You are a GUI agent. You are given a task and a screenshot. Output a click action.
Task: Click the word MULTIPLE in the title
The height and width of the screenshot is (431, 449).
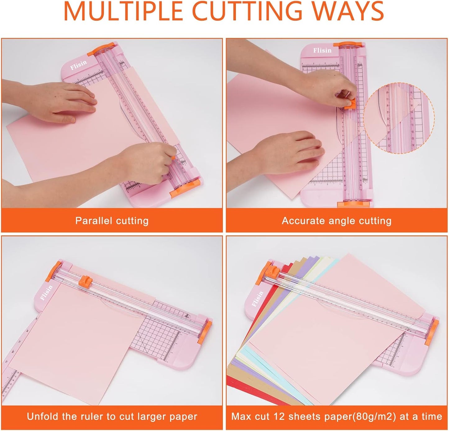click(123, 12)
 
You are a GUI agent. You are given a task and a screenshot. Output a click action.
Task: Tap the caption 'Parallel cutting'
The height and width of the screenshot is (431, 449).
click(112, 221)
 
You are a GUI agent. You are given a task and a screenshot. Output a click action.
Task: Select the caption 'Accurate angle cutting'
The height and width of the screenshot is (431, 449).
click(337, 221)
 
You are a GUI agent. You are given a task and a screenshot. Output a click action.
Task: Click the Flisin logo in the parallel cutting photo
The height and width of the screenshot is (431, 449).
click(78, 65)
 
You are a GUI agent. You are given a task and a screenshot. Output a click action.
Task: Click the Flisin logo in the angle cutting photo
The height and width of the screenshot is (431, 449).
click(322, 50)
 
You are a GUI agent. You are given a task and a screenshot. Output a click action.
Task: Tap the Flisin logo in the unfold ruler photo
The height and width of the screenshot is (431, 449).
click(46, 293)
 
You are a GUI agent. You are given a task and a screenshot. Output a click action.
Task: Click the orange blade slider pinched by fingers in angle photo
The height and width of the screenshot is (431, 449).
click(350, 103)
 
